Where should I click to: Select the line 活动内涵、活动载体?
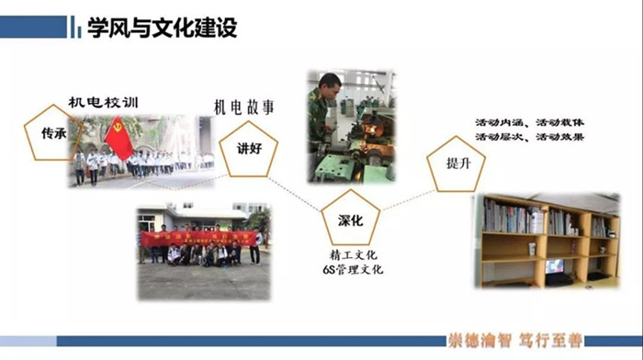point(529,122)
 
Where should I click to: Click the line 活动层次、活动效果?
point(529,137)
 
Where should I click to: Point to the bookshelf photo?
point(547,242)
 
